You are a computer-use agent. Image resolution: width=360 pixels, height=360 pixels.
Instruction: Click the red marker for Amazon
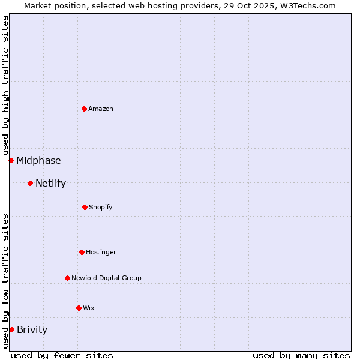(x=84, y=109)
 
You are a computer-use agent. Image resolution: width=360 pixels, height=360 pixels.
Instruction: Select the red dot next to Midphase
(x=11, y=160)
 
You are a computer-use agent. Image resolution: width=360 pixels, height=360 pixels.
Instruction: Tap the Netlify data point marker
(x=30, y=183)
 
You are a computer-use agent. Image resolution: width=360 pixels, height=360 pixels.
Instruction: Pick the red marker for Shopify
(x=85, y=207)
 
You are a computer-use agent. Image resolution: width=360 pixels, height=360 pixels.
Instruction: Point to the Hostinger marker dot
(x=82, y=252)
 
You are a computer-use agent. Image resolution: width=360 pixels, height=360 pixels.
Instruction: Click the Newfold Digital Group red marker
(x=67, y=278)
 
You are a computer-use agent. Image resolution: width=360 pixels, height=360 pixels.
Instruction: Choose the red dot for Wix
(x=79, y=308)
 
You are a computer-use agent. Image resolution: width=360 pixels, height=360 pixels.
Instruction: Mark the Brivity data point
(x=11, y=329)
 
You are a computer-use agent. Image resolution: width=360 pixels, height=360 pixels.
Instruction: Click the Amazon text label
(x=101, y=109)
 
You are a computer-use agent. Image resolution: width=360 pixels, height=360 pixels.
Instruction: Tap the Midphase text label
(x=38, y=160)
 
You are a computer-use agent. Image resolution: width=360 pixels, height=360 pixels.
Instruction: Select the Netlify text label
(x=50, y=183)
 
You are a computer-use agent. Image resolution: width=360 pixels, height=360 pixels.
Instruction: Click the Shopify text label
(x=101, y=207)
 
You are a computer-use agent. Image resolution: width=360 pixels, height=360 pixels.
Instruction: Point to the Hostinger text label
(x=101, y=252)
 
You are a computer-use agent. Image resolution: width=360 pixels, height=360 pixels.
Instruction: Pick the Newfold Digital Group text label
(x=106, y=278)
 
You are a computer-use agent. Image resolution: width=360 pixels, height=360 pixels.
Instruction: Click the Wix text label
(x=89, y=308)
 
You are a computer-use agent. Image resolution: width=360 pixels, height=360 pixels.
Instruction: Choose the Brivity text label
(x=32, y=329)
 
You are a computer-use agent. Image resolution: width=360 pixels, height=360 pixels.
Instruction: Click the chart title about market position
(x=180, y=5)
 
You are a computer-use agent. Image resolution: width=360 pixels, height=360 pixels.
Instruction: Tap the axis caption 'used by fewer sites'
(x=62, y=355)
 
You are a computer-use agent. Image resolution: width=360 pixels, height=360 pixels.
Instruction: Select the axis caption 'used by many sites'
(x=301, y=355)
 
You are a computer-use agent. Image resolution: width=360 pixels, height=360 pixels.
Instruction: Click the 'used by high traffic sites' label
(x=5, y=85)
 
